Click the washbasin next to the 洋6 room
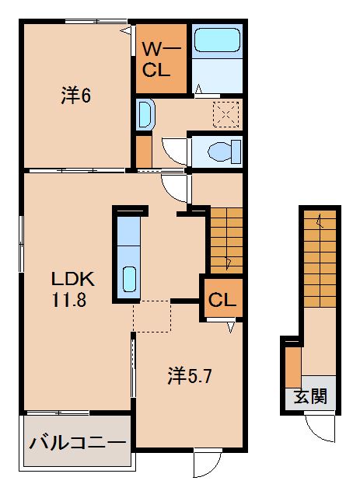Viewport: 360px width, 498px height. [145, 115]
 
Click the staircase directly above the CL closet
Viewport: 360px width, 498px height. [225, 240]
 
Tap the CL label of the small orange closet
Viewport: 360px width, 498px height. [222, 298]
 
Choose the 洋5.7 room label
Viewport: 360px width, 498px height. [190, 376]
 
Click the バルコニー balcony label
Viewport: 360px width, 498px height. [77, 444]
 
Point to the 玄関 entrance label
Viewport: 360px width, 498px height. [310, 397]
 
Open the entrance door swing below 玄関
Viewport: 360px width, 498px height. [320, 425]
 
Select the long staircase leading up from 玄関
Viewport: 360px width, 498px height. [320, 256]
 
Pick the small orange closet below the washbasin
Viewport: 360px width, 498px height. [144, 150]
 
